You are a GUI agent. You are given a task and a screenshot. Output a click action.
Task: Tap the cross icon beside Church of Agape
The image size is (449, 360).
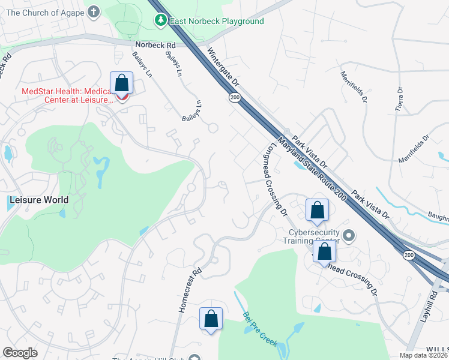pyautogui.click(x=93, y=11)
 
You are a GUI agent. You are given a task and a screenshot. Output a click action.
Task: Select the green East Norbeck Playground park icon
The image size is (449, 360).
pyautogui.click(x=160, y=22)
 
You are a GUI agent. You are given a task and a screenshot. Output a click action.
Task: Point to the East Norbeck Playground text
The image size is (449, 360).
pyautogui.click(x=217, y=22)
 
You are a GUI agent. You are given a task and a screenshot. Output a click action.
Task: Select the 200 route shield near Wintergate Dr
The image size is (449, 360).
pyautogui.click(x=234, y=98)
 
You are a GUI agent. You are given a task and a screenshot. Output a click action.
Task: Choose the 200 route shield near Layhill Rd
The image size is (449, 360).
pyautogui.click(x=409, y=256)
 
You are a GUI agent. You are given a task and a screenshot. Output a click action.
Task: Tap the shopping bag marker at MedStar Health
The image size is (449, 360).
pyautogui.click(x=121, y=83)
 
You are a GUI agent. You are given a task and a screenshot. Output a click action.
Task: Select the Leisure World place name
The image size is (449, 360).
pyautogui.click(x=38, y=199)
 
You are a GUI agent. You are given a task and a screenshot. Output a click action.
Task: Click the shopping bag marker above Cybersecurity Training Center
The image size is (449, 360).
pyautogui.click(x=317, y=210)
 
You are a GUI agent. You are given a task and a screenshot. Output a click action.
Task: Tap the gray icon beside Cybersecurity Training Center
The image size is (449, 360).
pyautogui.click(x=349, y=234)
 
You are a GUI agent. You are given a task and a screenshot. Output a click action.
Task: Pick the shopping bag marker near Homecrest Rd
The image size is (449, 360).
pyautogui.click(x=211, y=319)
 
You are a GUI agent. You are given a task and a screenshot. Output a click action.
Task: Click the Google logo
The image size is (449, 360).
pyautogui.click(x=20, y=352)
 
